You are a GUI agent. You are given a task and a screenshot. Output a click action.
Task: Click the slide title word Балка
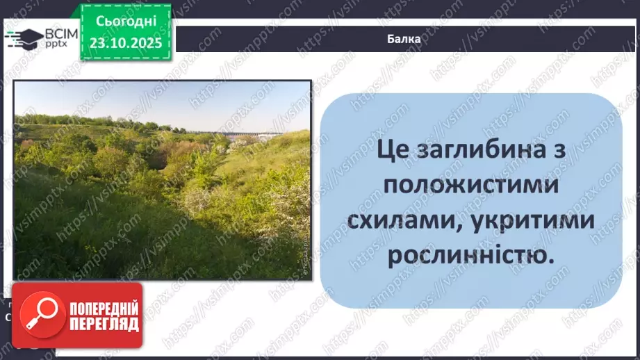404,39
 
